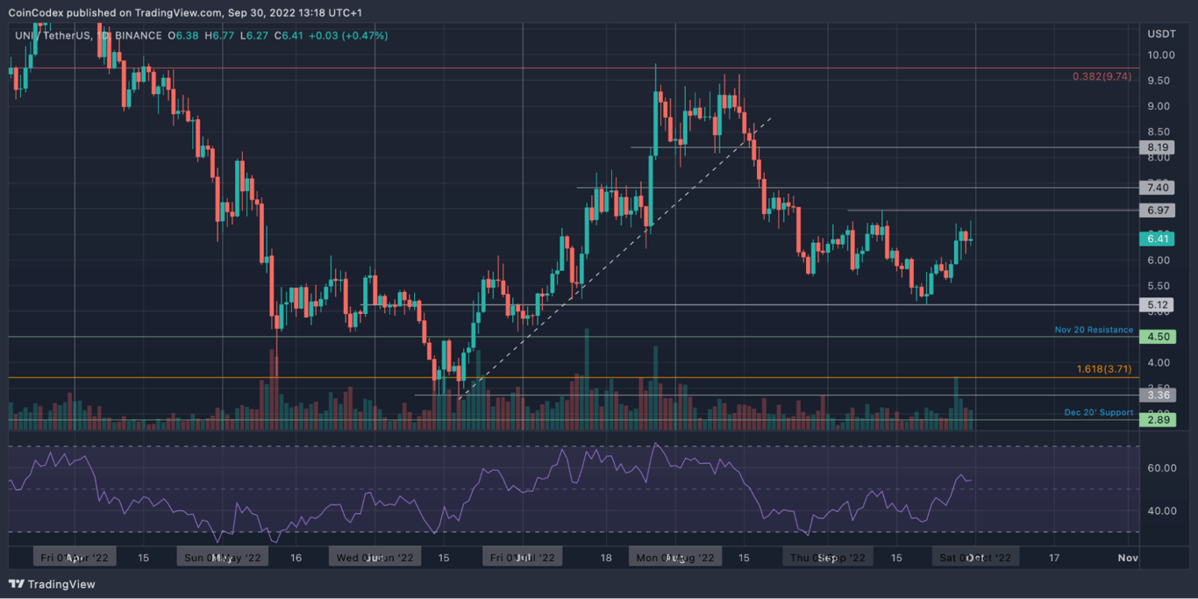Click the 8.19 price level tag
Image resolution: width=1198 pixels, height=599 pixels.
pos(1159,147)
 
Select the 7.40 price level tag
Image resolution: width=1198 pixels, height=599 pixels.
pos(1159,188)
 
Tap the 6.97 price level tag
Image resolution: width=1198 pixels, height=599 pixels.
pos(1159,210)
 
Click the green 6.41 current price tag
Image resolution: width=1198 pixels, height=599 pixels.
pos(1159,239)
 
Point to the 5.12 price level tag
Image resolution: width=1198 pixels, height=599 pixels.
pos(1159,305)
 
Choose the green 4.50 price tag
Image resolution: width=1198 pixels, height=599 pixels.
pos(1159,337)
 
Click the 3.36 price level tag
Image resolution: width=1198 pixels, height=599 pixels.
pos(1159,395)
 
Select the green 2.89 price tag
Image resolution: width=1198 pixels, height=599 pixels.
pos(1159,420)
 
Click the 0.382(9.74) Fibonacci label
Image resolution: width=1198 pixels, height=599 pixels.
pos(1102,76)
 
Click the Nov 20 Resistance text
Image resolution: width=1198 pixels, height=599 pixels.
pos(1094,331)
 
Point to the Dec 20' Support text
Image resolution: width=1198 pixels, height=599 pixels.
pos(1098,412)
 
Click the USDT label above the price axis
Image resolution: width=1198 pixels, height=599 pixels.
pos(1160,34)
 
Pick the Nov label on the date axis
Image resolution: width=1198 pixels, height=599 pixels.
pos(1128,558)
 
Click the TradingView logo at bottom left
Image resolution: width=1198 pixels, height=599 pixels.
pos(53,584)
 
